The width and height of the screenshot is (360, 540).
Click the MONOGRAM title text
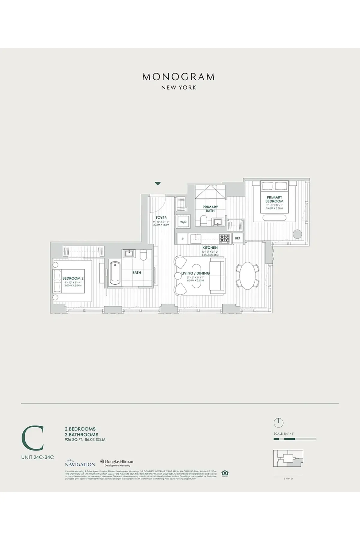pyautogui.click(x=178, y=77)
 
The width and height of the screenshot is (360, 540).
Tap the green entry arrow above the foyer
pyautogui.click(x=158, y=184)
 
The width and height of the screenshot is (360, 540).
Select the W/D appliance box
pyautogui.click(x=183, y=222)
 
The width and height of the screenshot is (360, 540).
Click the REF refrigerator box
pyautogui.click(x=238, y=238)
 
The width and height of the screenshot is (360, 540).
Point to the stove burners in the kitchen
pyautogui.click(x=224, y=238)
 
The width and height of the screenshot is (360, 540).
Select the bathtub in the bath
pyautogui.click(x=115, y=273)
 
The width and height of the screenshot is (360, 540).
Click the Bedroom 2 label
pyautogui.click(x=73, y=278)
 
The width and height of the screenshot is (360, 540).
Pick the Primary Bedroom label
pyautogui.click(x=274, y=199)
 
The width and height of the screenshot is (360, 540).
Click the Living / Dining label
pyautogui.click(x=195, y=273)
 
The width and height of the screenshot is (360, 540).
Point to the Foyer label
pyautogui.click(x=161, y=218)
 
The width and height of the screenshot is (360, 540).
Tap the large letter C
pyautogui.click(x=33, y=438)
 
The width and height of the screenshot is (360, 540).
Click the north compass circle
pyautogui.click(x=278, y=423)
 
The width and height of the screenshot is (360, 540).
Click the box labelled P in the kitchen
pyautogui.click(x=183, y=239)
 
